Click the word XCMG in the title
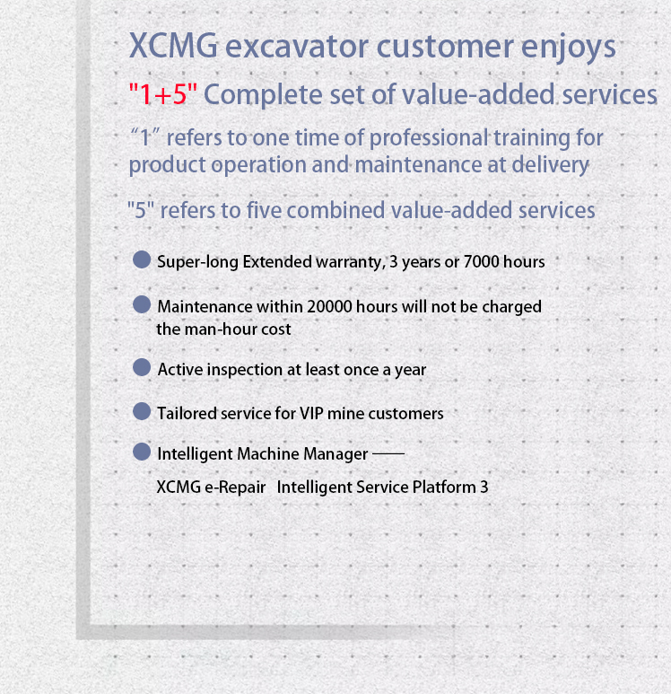(173, 46)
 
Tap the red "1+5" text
(162, 94)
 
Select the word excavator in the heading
(296, 47)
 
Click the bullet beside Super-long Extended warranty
(142, 259)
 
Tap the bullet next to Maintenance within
(142, 304)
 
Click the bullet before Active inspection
(142, 367)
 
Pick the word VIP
(311, 413)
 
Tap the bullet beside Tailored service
(142, 411)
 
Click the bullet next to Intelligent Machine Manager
(142, 452)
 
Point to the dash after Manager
(388, 453)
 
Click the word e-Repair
(235, 487)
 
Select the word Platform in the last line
(444, 487)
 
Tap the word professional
(429, 137)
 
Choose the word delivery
(550, 164)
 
